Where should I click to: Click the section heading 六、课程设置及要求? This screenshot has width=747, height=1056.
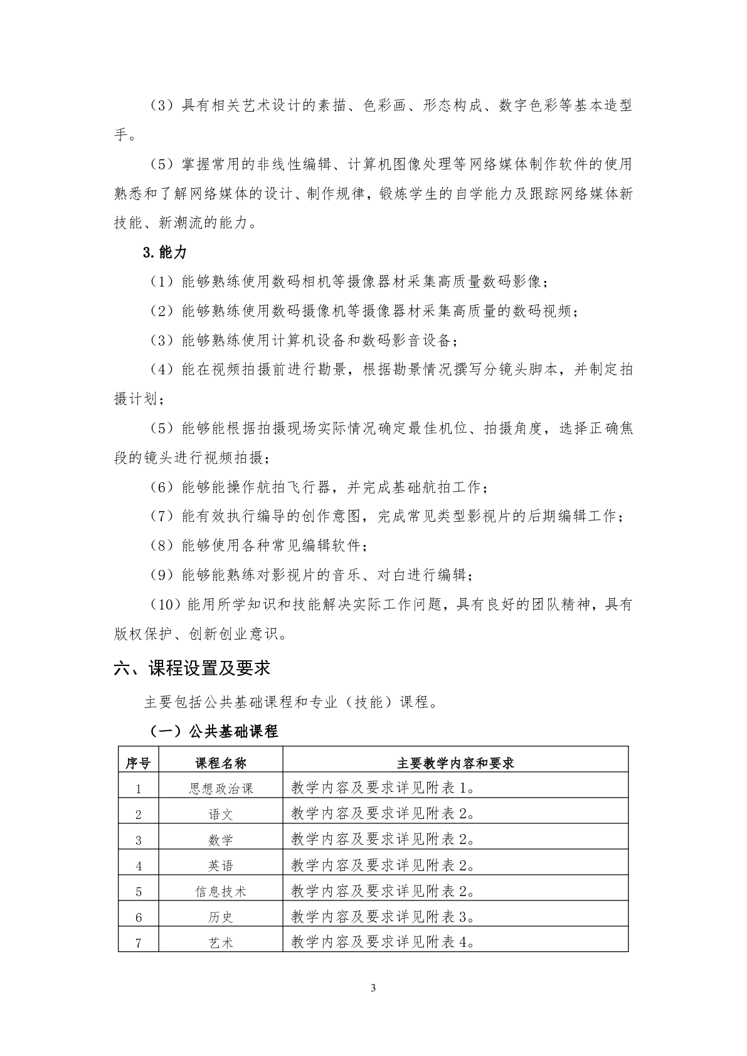click(192, 668)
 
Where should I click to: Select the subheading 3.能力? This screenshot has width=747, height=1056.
click(165, 252)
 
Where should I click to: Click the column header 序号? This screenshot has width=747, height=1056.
click(139, 763)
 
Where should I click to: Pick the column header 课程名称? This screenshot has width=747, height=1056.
click(221, 763)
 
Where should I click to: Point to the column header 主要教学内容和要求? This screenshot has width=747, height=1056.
click(455, 763)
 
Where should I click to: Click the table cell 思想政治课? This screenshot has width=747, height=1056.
click(221, 788)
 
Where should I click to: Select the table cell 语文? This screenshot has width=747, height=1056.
click(221, 814)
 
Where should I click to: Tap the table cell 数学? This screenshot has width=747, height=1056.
click(221, 840)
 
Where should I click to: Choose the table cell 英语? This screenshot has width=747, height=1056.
click(221, 865)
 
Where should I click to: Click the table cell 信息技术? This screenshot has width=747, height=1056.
click(221, 891)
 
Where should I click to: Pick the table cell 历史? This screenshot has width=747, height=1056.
click(221, 917)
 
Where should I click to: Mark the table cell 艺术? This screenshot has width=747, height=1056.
click(221, 942)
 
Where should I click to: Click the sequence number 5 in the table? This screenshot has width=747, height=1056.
click(139, 891)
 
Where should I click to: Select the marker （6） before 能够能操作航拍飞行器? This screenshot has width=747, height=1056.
click(162, 487)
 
